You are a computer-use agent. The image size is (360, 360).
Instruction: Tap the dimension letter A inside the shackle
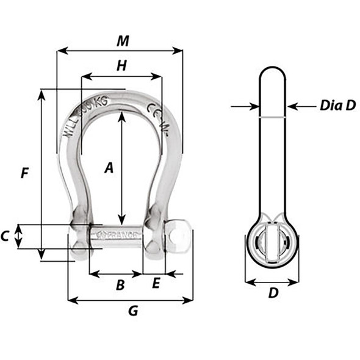109,167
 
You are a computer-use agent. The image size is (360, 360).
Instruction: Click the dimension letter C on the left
5,236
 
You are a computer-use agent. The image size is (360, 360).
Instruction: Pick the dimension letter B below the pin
120,284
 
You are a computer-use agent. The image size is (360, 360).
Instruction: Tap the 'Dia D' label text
337,106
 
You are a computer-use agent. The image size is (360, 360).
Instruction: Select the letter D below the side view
273,293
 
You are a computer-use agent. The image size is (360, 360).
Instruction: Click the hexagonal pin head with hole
177,236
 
